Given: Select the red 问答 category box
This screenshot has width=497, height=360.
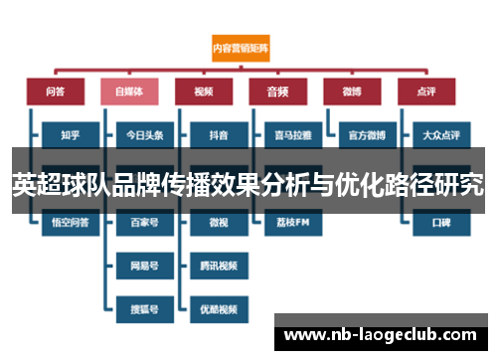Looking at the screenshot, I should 55,90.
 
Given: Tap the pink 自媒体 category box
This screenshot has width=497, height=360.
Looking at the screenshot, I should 128,90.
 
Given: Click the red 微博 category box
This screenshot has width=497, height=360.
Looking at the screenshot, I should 351,90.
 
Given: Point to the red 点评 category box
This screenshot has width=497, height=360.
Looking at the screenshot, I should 424,90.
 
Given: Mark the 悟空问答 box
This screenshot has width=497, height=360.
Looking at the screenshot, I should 69,224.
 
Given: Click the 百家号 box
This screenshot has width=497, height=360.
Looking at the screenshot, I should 143,224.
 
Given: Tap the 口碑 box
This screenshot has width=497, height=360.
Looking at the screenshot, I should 439,224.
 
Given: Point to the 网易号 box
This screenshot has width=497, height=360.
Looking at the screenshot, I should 143,266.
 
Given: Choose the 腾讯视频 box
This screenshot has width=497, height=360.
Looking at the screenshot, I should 217,266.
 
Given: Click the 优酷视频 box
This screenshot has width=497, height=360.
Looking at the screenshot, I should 217,309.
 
